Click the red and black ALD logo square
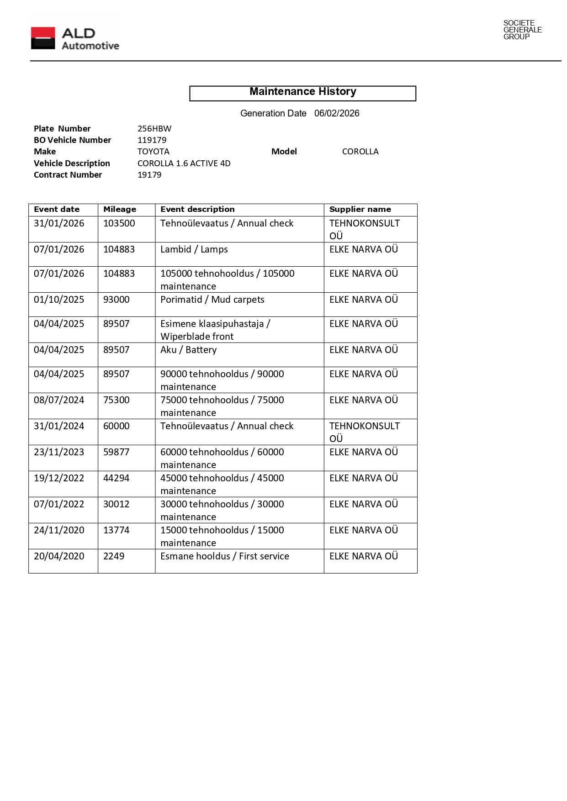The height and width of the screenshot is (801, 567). pyautogui.click(x=43, y=38)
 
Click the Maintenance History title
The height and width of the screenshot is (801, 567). pyautogui.click(x=302, y=92)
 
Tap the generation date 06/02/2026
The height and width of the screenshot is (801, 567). pyautogui.click(x=337, y=113)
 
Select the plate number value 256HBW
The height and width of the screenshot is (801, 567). pyautogui.click(x=154, y=129)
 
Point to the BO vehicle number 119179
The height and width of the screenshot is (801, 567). pyautogui.click(x=152, y=140)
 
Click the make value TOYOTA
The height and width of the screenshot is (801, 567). pyautogui.click(x=153, y=152)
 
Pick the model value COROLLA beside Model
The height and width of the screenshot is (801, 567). pyautogui.click(x=360, y=152)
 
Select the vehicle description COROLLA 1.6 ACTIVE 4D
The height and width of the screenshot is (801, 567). pyautogui.click(x=184, y=163)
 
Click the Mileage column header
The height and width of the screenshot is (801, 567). pyautogui.click(x=120, y=210)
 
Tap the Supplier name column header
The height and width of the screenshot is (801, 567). pyautogui.click(x=360, y=210)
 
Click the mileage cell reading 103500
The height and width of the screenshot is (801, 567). pyautogui.click(x=119, y=223)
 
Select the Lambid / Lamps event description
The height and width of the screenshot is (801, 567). pyautogui.click(x=194, y=249)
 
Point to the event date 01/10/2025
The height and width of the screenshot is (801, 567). pyautogui.click(x=59, y=300)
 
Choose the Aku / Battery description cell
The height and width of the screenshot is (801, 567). pyautogui.click(x=189, y=350)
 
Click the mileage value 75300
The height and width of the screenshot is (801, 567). pyautogui.click(x=117, y=400)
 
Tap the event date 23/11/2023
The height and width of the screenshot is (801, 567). pyautogui.click(x=59, y=452)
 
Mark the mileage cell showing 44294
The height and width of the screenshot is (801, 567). pyautogui.click(x=117, y=478)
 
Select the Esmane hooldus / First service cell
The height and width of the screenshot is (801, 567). pyautogui.click(x=225, y=556)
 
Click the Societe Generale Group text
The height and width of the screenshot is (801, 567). pyautogui.click(x=522, y=30)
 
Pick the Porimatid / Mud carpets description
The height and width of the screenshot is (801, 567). pyautogui.click(x=212, y=300)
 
